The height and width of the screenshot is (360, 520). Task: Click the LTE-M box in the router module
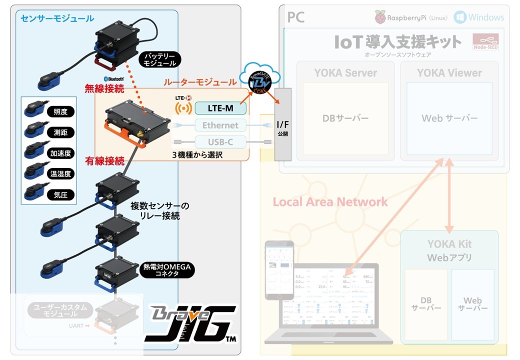click(220, 108)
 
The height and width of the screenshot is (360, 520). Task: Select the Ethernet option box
click(220, 125)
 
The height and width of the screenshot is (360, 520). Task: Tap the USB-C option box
click(220, 142)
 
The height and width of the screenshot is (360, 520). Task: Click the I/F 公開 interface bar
click(282, 124)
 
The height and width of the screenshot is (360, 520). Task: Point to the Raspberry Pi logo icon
click(381, 17)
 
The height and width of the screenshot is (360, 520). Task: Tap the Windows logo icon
click(460, 17)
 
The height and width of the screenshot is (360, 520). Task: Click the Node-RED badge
click(485, 42)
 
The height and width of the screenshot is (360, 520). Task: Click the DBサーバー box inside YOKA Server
click(345, 118)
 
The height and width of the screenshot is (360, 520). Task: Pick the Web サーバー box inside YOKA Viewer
click(449, 118)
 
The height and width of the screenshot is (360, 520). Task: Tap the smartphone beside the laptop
click(279, 270)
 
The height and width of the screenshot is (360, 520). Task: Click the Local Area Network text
click(330, 202)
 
